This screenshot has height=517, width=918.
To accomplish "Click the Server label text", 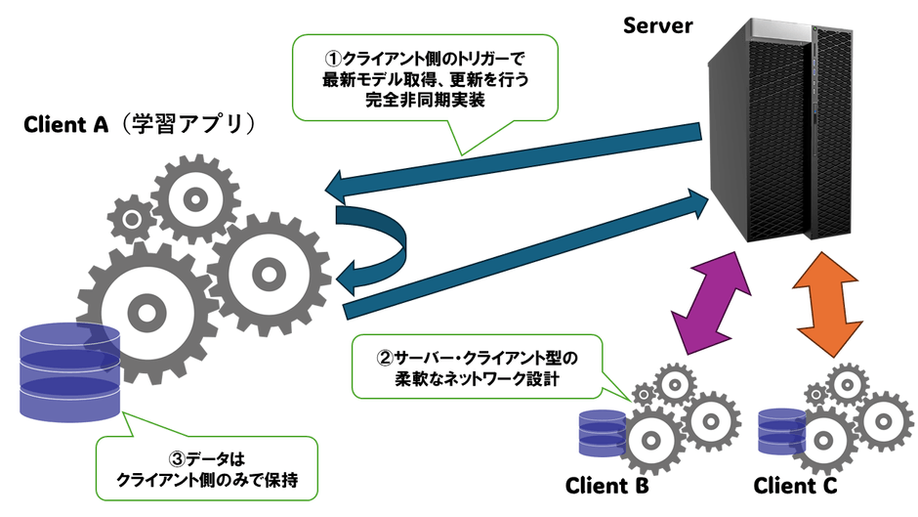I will coord(658,24).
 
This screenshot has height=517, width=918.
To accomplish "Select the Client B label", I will coord(607,486).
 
